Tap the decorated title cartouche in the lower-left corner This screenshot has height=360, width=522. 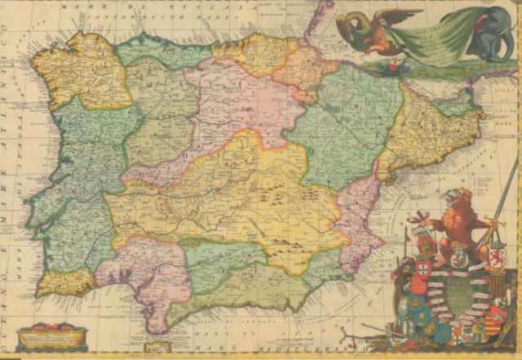[x=51, y=335]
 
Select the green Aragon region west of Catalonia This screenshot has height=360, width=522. [x=343, y=122]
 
